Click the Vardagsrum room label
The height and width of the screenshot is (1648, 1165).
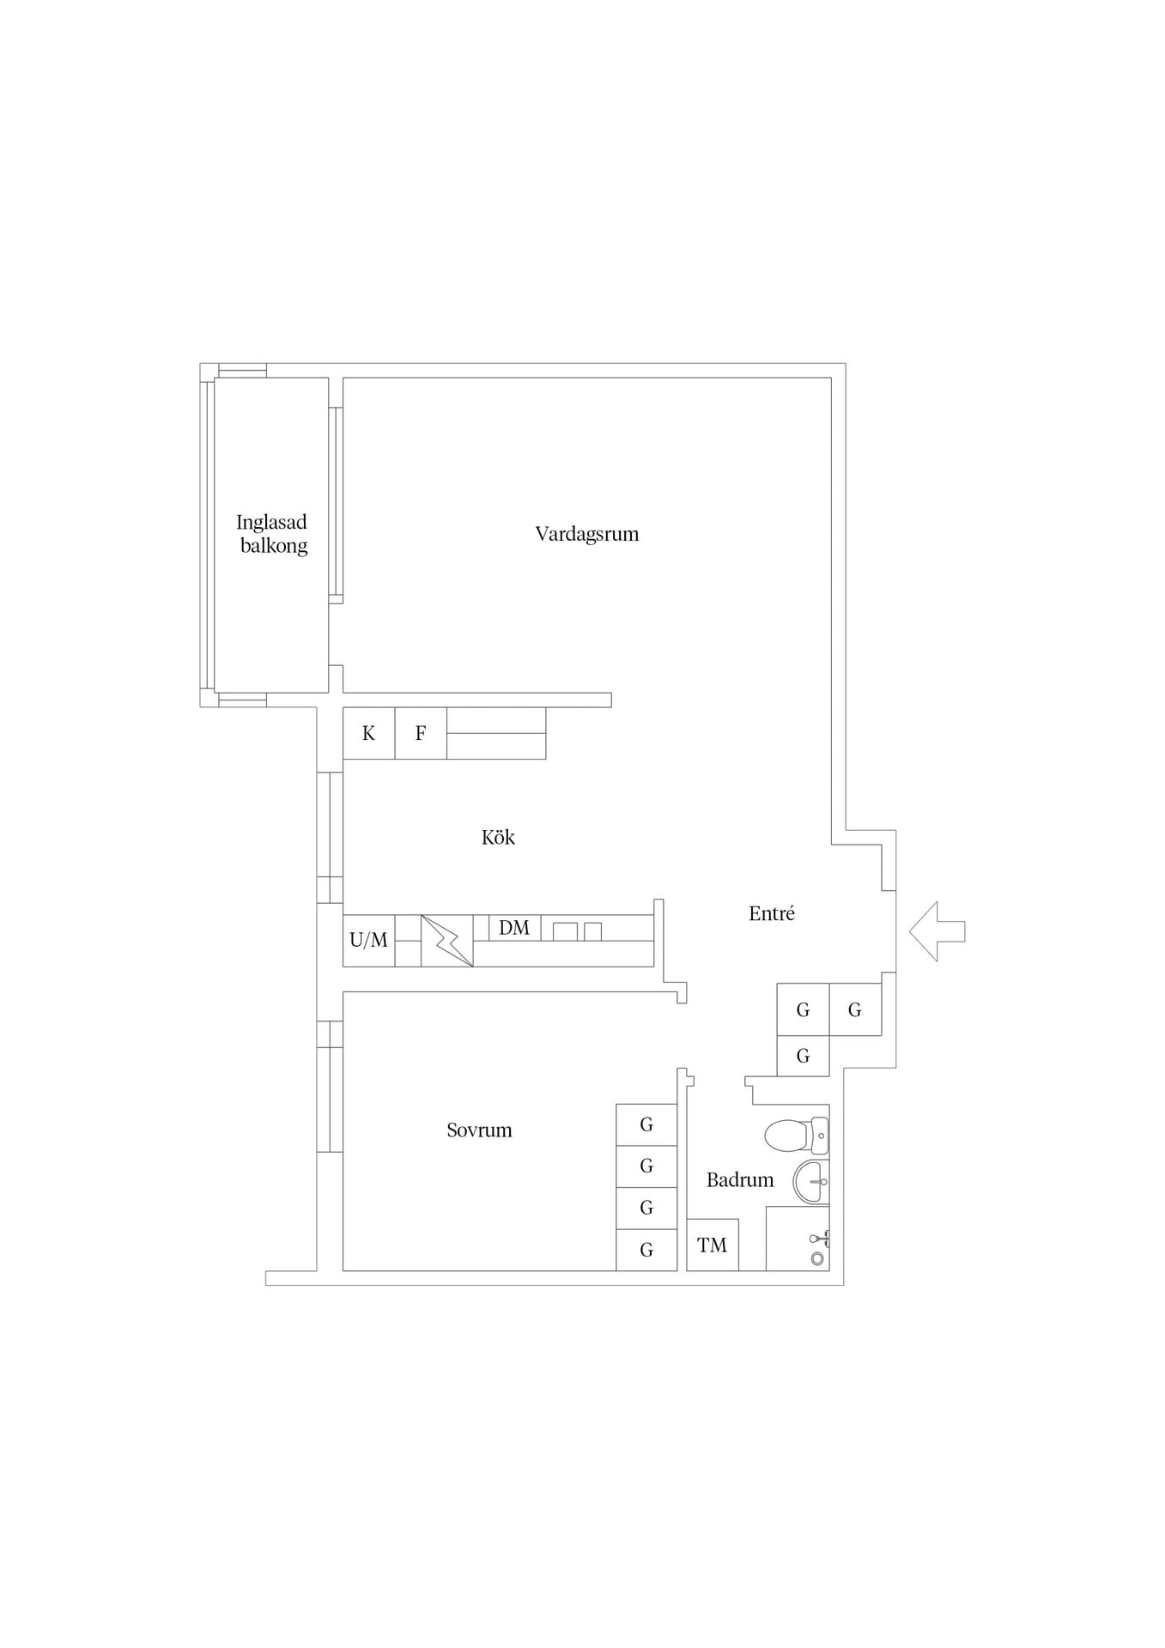(x=587, y=534)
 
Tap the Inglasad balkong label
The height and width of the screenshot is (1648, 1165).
(x=272, y=534)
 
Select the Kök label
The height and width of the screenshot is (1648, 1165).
(x=498, y=837)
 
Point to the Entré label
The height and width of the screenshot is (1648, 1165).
(x=772, y=913)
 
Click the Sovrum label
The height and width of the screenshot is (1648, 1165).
(x=479, y=1130)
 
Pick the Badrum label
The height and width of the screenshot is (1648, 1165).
(x=740, y=1180)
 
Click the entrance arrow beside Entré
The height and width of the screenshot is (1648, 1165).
(x=937, y=931)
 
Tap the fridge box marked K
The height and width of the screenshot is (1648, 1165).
(x=369, y=733)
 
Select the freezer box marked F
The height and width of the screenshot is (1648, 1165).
(x=421, y=733)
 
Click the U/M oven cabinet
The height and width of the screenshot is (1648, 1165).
(x=369, y=941)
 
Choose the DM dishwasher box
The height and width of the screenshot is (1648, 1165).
(x=514, y=928)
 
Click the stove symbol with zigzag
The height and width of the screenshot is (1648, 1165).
(x=447, y=941)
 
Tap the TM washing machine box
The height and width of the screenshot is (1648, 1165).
(x=713, y=1245)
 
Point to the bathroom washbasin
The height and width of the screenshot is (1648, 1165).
(x=811, y=1182)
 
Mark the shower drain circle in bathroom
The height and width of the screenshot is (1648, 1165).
(x=817, y=1258)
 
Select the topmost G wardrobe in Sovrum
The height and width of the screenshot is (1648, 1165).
(x=646, y=1124)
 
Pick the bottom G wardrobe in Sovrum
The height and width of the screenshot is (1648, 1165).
(x=646, y=1250)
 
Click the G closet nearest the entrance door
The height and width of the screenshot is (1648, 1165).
(x=855, y=1009)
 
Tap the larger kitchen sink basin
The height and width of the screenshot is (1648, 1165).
(x=565, y=931)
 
